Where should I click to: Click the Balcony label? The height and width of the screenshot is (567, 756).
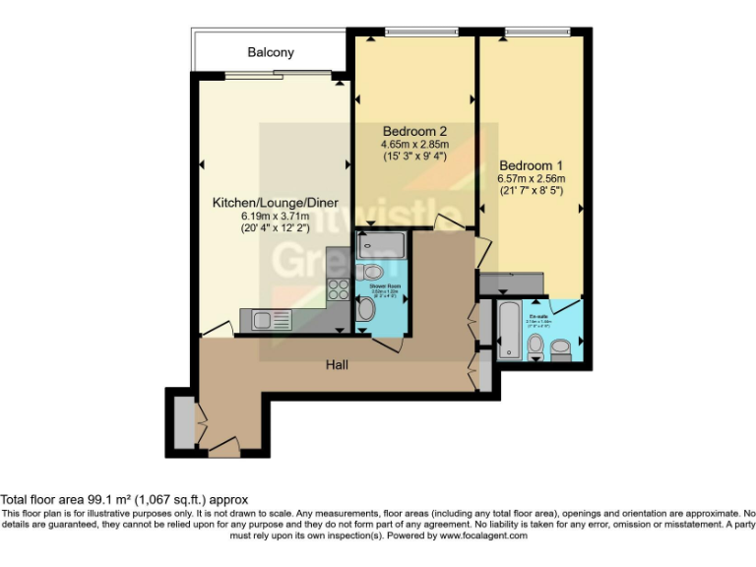click(x=271, y=52)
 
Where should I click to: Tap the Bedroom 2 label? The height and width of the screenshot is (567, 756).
click(x=415, y=131)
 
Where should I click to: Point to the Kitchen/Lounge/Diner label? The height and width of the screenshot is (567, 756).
click(x=276, y=204)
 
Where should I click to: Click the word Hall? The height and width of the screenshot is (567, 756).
click(x=338, y=365)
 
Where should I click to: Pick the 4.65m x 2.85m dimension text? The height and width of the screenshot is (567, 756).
click(x=415, y=146)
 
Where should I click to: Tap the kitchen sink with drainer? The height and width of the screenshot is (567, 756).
click(x=268, y=319)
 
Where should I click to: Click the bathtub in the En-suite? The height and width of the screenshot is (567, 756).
click(x=511, y=331)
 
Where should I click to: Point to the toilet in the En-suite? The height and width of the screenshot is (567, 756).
click(x=536, y=345)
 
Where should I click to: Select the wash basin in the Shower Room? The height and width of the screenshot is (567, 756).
click(x=365, y=310)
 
